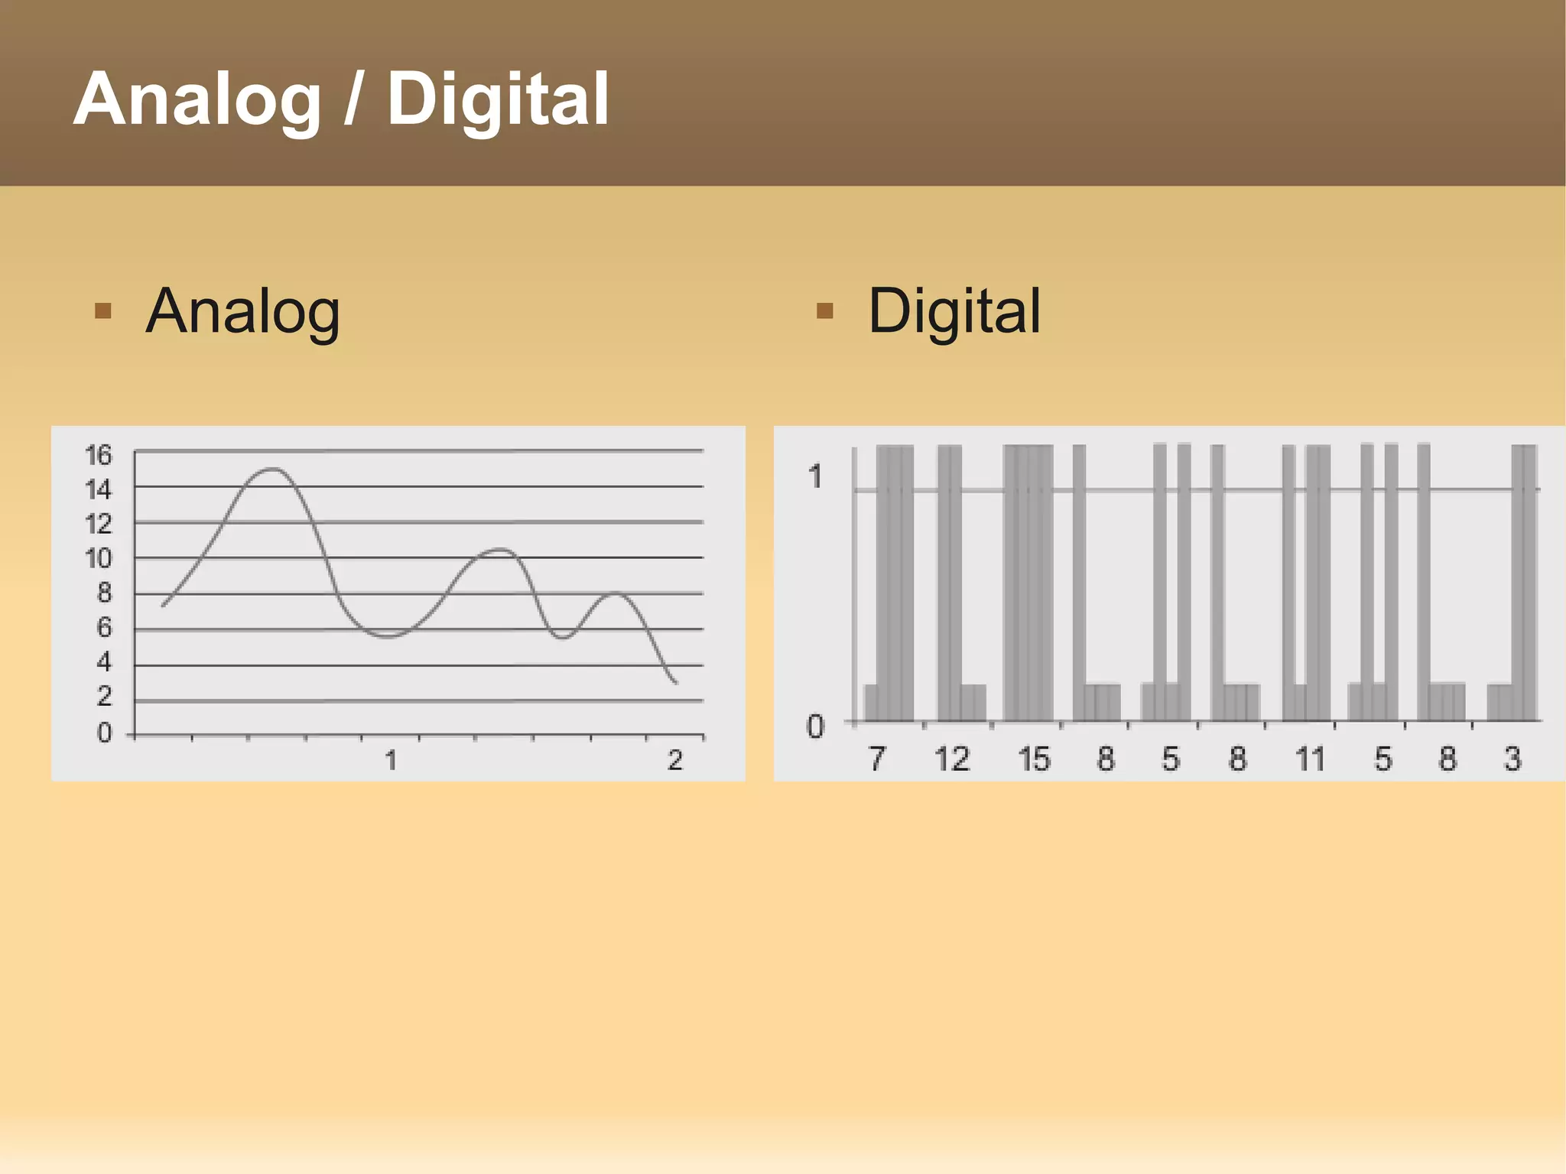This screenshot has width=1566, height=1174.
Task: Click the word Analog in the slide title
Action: (x=197, y=100)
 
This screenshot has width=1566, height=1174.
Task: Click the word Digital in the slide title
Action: (x=498, y=100)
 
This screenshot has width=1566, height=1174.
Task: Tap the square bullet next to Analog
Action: (x=102, y=311)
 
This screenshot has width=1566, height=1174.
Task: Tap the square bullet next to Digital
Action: (x=824, y=311)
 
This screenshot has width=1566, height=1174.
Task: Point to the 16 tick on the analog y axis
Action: (x=99, y=455)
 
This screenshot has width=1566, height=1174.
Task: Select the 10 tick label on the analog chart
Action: (x=99, y=559)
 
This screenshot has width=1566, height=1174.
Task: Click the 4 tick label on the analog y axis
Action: (x=104, y=662)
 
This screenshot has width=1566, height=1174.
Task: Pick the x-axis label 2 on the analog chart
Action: (x=674, y=760)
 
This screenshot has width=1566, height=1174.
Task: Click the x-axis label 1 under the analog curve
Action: (x=391, y=760)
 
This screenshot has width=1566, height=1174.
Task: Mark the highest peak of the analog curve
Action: (x=273, y=469)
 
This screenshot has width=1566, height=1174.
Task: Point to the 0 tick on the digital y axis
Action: (x=815, y=727)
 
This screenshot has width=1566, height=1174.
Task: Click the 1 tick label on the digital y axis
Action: (x=815, y=476)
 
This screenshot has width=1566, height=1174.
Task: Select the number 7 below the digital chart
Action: (x=876, y=759)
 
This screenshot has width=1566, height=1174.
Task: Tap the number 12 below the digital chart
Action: (x=952, y=759)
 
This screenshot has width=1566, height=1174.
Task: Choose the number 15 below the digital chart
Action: (x=1034, y=759)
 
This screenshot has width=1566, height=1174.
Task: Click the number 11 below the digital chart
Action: (x=1310, y=759)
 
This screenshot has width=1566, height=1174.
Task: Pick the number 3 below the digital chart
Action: (x=1512, y=759)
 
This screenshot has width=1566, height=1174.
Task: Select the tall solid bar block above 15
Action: (x=1028, y=581)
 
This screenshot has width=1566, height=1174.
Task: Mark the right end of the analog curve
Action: (x=676, y=682)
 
